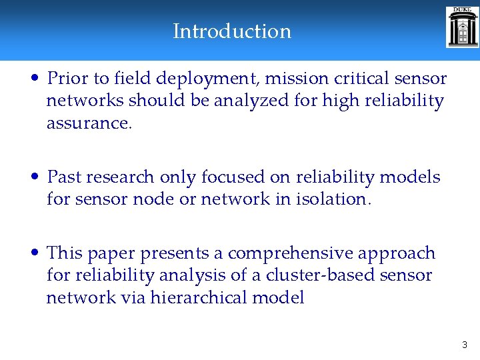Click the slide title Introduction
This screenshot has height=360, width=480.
pyautogui.click(x=232, y=31)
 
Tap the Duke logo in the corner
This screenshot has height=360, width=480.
pyautogui.click(x=462, y=27)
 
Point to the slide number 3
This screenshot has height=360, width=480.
pyautogui.click(x=465, y=345)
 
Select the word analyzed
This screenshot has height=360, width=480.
pyautogui.click(x=249, y=101)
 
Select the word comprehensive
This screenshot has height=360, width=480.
pyautogui.click(x=291, y=254)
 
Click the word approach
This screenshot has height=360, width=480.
pyautogui.click(x=397, y=254)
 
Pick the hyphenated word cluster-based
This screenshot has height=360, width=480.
pyautogui.click(x=304, y=275)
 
